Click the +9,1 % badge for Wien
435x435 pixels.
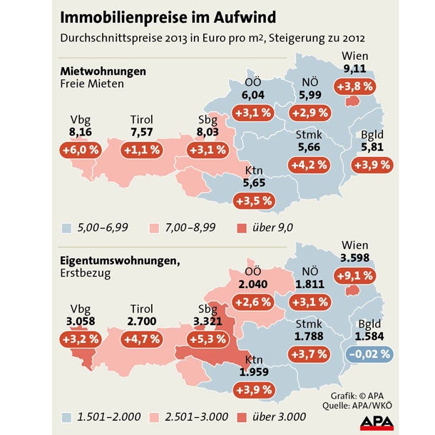tap(359, 275)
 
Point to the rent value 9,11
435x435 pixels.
tap(355, 69)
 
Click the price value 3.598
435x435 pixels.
tap(355, 257)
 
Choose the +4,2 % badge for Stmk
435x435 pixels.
tap(308, 164)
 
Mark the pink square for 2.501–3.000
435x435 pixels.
tap(154, 416)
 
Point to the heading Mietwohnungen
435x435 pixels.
tap(103, 71)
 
